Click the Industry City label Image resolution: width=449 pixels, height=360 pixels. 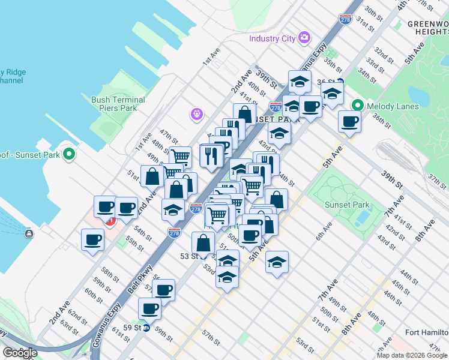[273, 38]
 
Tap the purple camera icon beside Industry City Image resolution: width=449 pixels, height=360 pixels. [304, 38]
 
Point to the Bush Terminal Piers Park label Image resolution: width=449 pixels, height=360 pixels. [118, 104]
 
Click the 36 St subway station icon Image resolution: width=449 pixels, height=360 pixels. [340, 82]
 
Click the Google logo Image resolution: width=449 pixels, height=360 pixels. [20, 352]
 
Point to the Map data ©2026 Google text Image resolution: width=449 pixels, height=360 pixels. [412, 355]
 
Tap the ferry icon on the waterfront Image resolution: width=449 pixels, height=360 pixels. [28, 233]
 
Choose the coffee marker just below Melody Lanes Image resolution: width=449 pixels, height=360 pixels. [349, 122]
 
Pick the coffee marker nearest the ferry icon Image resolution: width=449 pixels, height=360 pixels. [93, 240]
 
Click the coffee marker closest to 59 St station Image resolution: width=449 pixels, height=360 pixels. [150, 309]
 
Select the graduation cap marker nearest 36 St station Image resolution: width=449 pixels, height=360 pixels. [332, 92]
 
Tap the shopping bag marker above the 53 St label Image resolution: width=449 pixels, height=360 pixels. [203, 243]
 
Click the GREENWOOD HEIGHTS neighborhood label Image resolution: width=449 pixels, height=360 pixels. [427, 28]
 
